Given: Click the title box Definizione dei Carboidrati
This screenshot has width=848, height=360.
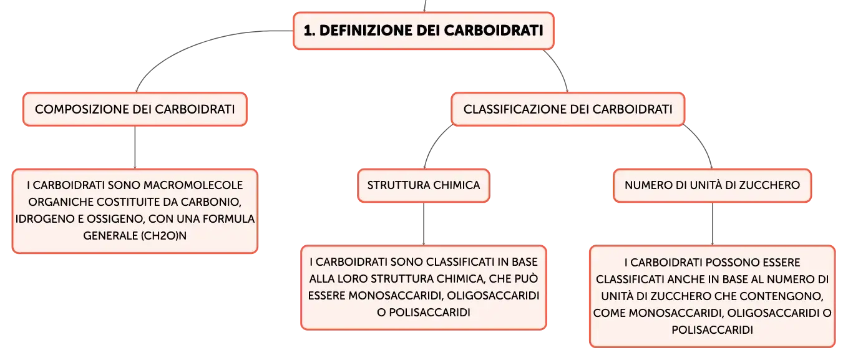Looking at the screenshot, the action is click(x=424, y=31).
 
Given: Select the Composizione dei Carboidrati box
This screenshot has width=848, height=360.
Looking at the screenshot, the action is click(x=135, y=109).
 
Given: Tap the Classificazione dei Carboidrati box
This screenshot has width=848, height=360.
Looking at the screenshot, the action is click(x=568, y=109).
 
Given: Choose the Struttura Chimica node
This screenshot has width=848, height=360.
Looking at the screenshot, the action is click(x=424, y=185).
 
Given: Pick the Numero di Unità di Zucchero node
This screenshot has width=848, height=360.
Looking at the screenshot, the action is click(x=712, y=185).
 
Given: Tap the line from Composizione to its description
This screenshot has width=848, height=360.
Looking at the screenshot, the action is click(x=135, y=147).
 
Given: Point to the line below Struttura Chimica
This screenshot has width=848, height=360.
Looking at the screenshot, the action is click(x=424, y=224).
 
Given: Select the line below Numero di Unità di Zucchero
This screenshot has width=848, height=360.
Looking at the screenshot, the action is click(x=712, y=224).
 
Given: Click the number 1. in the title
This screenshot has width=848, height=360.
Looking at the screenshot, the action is click(x=309, y=31).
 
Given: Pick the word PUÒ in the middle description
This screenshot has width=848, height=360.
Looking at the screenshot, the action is click(x=526, y=279).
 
